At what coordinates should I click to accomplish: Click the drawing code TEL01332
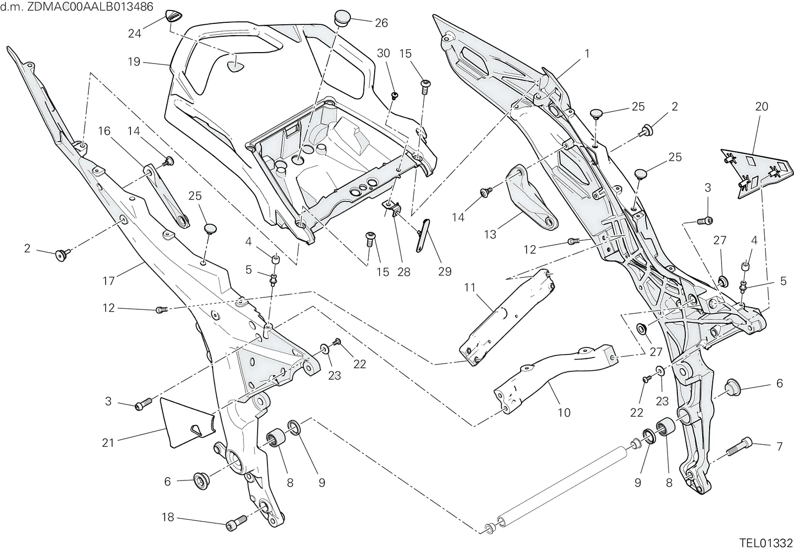pos(766,543)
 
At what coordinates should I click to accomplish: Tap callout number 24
pos(134,33)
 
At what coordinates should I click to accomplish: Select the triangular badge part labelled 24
pos(174,17)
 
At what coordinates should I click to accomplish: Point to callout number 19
pos(134,62)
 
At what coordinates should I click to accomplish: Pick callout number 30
pos(383,53)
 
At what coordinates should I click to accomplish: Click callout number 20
pos(761,106)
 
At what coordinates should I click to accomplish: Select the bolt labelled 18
pos(236,523)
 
